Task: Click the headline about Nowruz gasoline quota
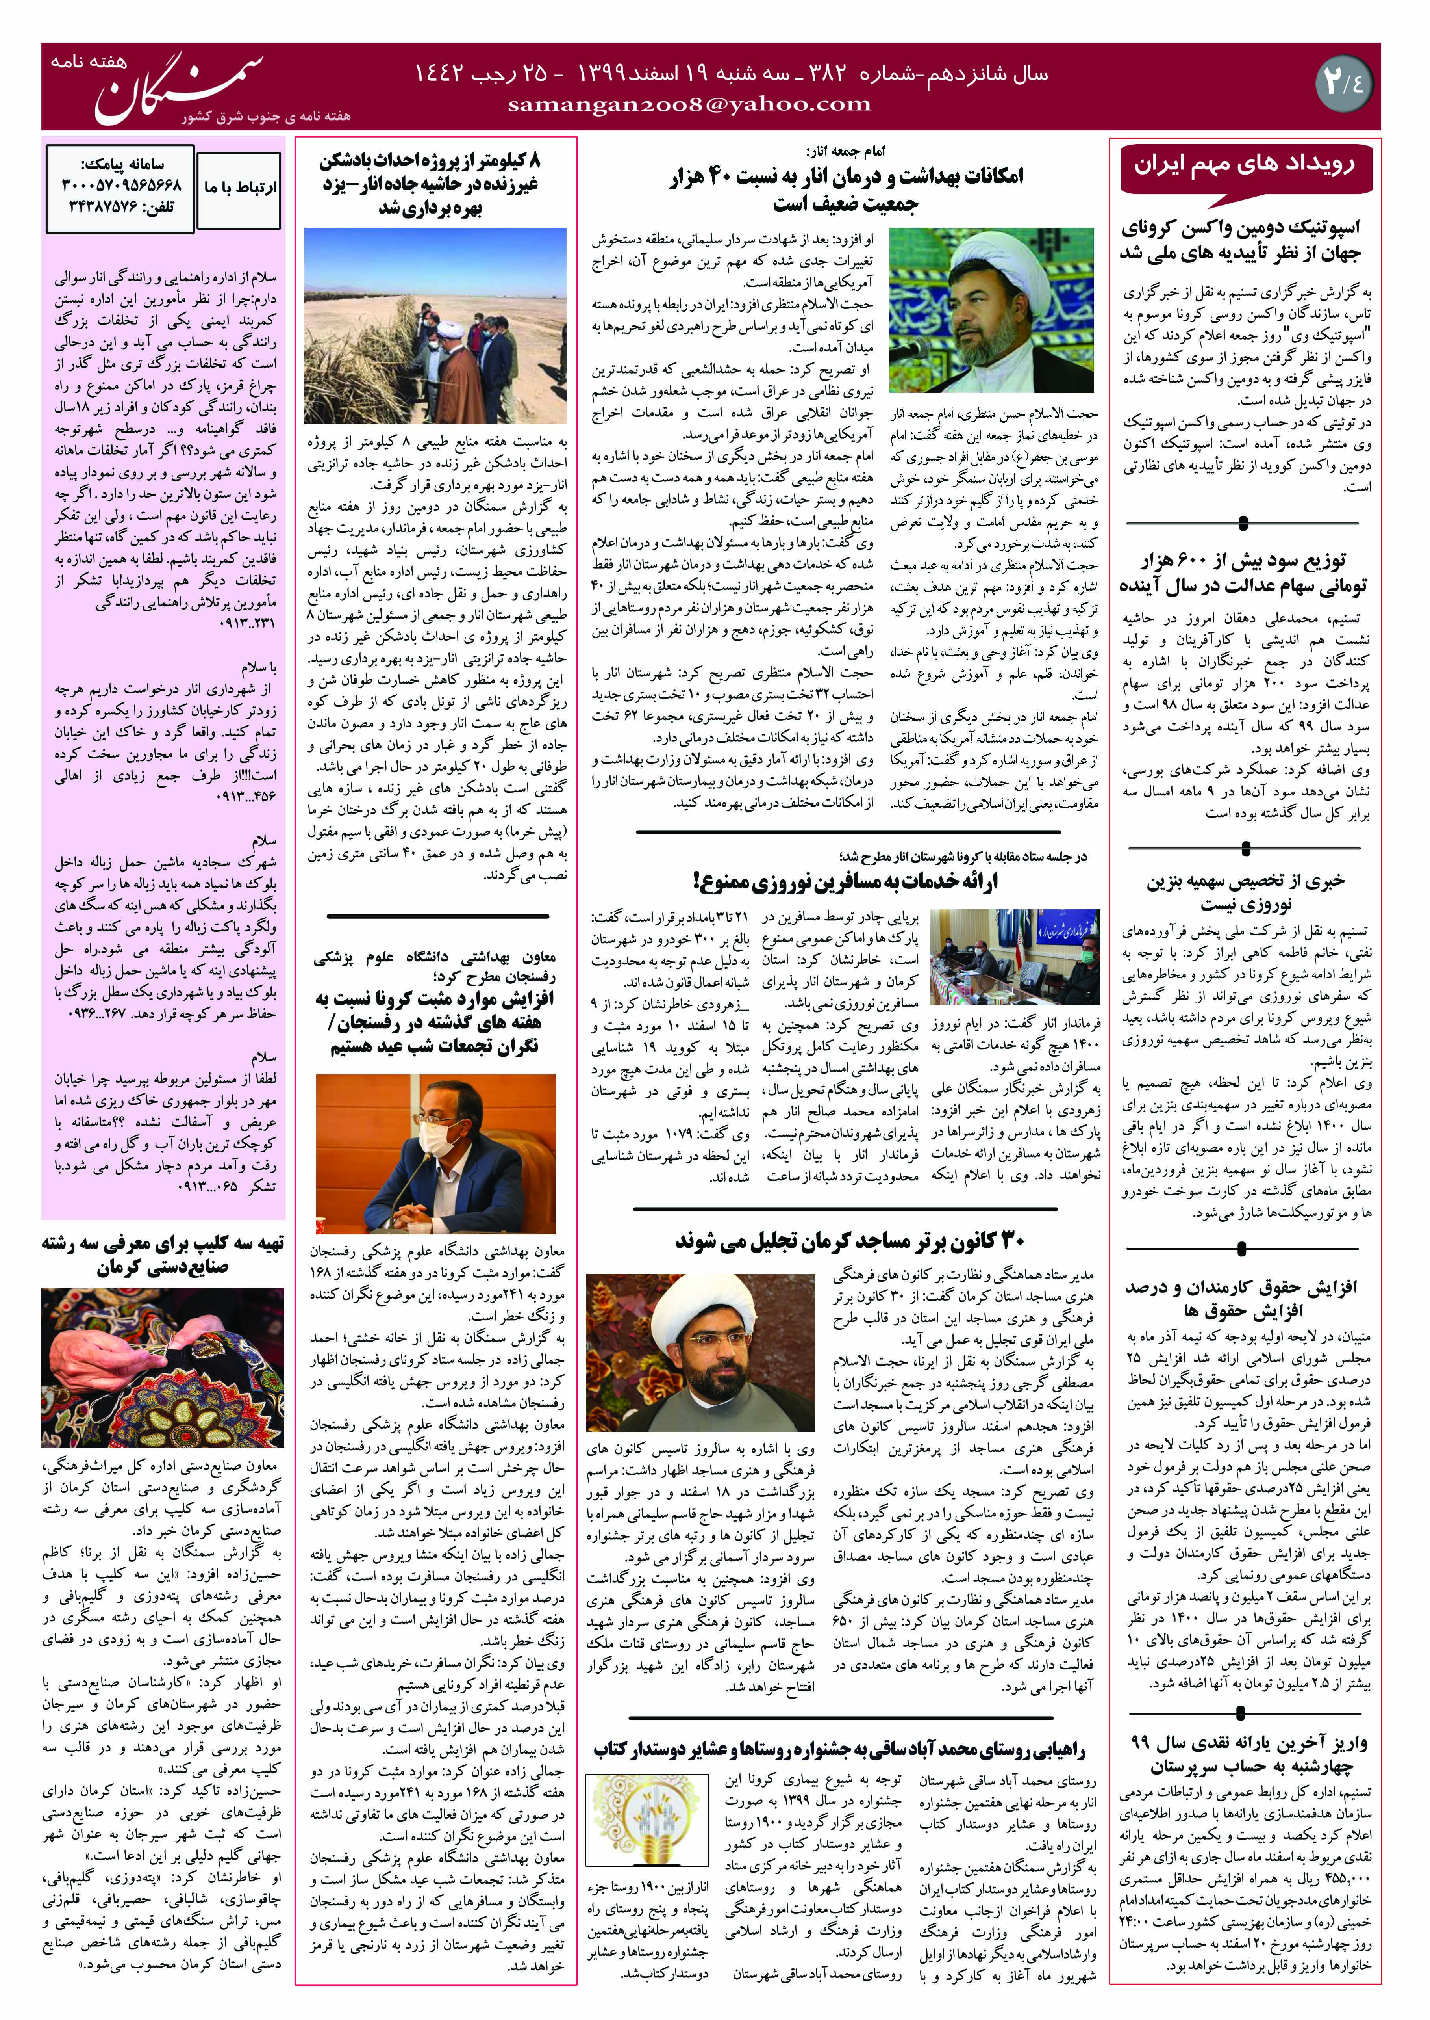pyautogui.click(x=1243, y=892)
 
